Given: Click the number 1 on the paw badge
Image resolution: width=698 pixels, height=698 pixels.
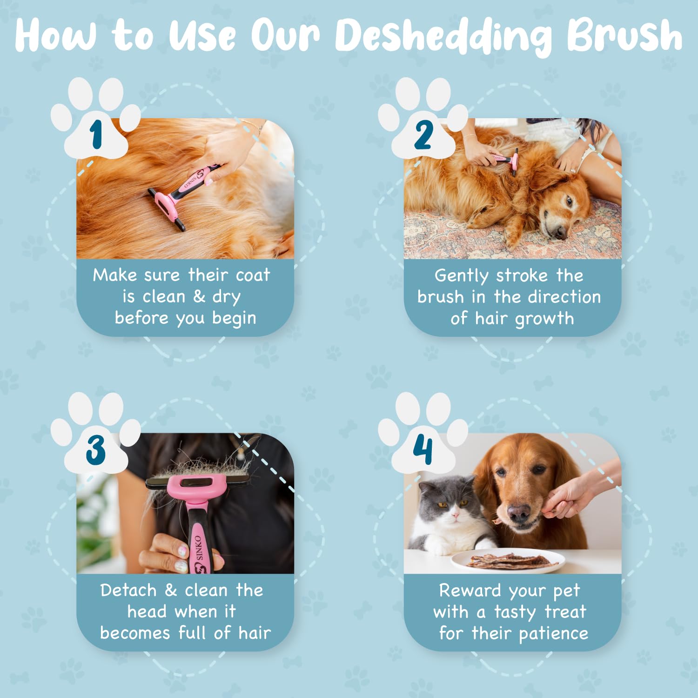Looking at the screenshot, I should tap(96, 135).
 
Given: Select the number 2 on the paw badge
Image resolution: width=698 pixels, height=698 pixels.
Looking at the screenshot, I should tap(423, 135).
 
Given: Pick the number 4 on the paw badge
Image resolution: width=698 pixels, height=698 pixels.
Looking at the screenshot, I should tap(423, 450).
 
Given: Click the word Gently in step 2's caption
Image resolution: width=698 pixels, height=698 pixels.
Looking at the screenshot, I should tap(461, 275).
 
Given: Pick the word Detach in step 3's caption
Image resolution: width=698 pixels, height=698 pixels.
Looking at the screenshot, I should tap(128, 590).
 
